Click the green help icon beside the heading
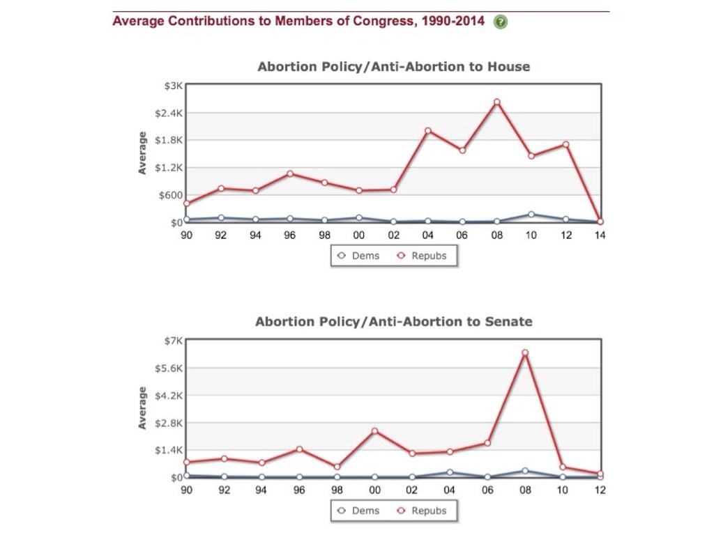[x=500, y=22]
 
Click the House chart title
[x=393, y=67]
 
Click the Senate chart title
[x=393, y=322]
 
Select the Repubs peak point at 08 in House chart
[x=497, y=102]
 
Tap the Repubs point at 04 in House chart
[x=428, y=131]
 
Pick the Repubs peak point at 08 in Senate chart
[x=525, y=352]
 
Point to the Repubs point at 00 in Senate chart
[x=374, y=431]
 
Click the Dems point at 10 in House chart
[x=531, y=215]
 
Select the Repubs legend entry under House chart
[x=422, y=256]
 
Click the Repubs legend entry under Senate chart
[x=422, y=511]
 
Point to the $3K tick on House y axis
[x=172, y=86]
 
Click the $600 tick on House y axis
[x=169, y=195]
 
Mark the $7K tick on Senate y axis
[x=172, y=341]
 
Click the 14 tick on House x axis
[x=600, y=235]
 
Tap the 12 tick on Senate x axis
[x=600, y=490]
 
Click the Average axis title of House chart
[x=142, y=153]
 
